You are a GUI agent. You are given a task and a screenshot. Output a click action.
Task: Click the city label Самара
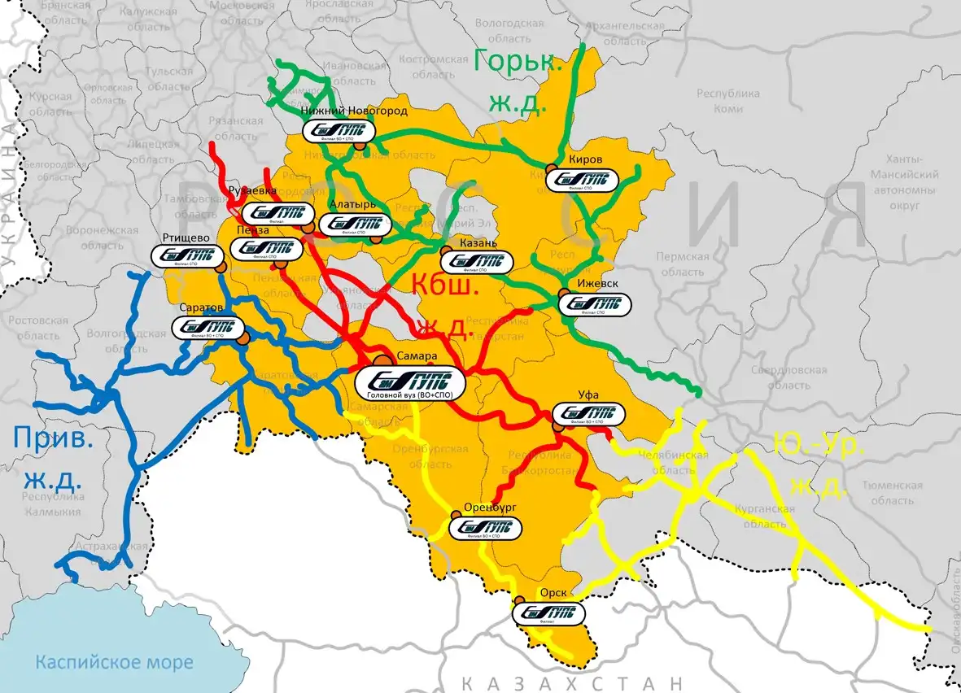pyautogui.click(x=417, y=356)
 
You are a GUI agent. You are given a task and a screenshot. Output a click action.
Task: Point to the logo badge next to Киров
pyautogui.click(x=581, y=180)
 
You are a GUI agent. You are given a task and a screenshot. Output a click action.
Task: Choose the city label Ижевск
pyautogui.click(x=597, y=284)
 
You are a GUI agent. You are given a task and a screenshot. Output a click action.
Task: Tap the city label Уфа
pyautogui.click(x=588, y=394)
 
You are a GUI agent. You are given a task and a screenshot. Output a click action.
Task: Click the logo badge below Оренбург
pyautogui.click(x=486, y=526)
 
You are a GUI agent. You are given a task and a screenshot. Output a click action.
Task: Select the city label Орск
pyautogui.click(x=553, y=593)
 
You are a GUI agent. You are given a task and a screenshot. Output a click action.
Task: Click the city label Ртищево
pyautogui.click(x=187, y=237)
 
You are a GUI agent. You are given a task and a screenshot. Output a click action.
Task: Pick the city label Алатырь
pyautogui.click(x=353, y=204)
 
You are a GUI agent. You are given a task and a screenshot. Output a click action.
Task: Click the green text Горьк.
pyautogui.click(x=519, y=63)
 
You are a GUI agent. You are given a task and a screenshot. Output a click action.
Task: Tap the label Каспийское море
pyautogui.click(x=114, y=662)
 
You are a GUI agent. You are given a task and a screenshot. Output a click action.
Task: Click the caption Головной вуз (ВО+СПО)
pyautogui.click(x=410, y=394)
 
